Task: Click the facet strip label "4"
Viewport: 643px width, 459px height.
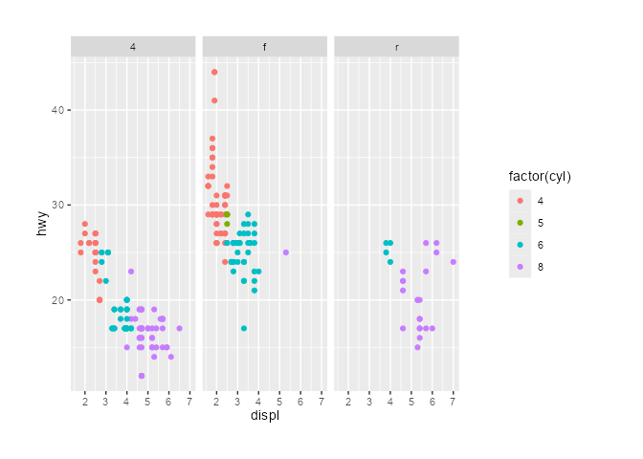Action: (x=132, y=47)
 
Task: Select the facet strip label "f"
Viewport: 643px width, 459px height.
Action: (x=264, y=47)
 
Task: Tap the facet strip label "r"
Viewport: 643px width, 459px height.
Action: (x=396, y=47)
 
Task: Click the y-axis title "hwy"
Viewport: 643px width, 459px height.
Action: (x=41, y=224)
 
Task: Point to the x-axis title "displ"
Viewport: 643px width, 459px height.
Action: (x=264, y=416)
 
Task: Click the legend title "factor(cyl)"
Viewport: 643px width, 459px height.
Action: (x=540, y=176)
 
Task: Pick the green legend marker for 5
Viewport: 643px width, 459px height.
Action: (x=520, y=223)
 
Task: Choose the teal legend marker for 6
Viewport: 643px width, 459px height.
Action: (x=520, y=246)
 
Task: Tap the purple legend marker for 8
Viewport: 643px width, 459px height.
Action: (x=520, y=269)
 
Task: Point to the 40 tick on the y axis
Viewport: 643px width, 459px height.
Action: (x=58, y=110)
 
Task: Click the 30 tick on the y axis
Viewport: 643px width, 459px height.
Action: (x=58, y=205)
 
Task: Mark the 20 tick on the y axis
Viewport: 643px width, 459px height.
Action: (x=58, y=299)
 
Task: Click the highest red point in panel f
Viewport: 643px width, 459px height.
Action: (x=214, y=72)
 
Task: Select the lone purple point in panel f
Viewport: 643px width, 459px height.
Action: (x=286, y=252)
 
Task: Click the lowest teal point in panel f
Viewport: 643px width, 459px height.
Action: (x=244, y=328)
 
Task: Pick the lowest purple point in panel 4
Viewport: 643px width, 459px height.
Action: (x=142, y=376)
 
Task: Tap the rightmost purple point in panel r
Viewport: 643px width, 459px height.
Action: (x=453, y=262)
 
